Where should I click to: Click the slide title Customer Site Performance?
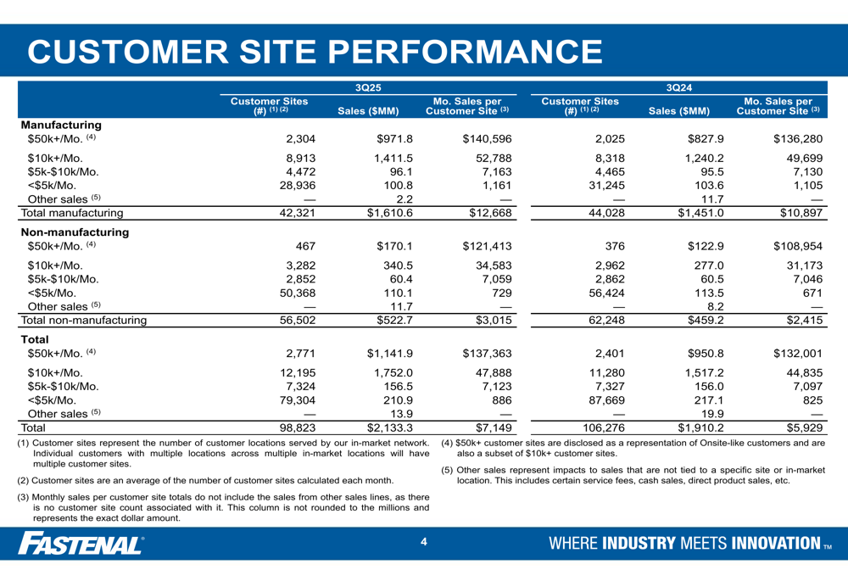(x=315, y=50)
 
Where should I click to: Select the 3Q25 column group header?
(x=369, y=87)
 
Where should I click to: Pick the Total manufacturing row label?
(x=75, y=213)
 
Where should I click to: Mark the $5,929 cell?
(x=802, y=427)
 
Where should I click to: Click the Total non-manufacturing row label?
(x=88, y=320)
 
